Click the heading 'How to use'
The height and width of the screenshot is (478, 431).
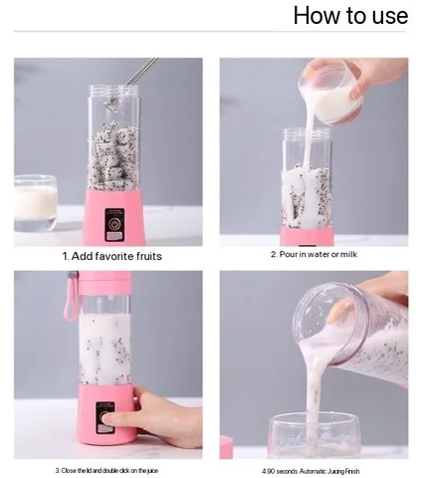coord(349,16)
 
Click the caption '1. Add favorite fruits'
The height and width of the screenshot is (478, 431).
coord(111,256)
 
